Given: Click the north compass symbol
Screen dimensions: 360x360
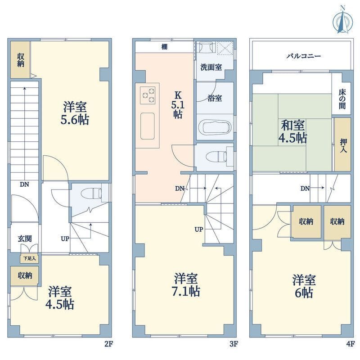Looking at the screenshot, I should click(x=342, y=19).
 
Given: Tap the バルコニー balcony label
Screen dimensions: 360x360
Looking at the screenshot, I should click(x=303, y=56).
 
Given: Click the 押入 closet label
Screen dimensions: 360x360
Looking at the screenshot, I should click(x=342, y=144).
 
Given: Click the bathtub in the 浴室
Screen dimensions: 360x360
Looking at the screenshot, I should click(x=214, y=126).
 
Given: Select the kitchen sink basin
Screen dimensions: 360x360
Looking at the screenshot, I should click(x=148, y=126).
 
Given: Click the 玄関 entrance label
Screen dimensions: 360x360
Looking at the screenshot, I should click(x=24, y=238).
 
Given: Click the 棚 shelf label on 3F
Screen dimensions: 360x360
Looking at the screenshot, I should click(x=165, y=46).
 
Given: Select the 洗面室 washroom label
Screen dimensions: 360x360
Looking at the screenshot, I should click(x=211, y=67).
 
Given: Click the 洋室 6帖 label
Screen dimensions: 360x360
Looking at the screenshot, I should click(x=304, y=286).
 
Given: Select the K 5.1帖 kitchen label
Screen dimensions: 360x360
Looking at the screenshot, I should click(x=177, y=105).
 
